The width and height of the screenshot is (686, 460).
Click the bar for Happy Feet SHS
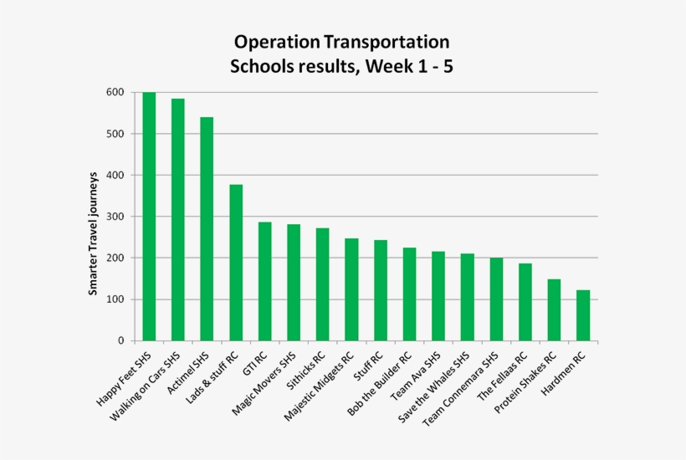pos(149,217)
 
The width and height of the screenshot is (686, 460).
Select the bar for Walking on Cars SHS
pos(177,220)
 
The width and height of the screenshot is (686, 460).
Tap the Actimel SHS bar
pos(207,229)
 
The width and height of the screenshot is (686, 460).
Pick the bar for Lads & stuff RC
pos(236,263)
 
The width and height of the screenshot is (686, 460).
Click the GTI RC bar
pos(264,282)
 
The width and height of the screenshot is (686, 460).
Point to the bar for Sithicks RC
pos(322,284)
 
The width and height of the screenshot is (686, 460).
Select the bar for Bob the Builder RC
pos(409,294)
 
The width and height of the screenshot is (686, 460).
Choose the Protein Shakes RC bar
pos(554,310)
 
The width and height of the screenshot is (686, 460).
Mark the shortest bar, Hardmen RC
pos(583,315)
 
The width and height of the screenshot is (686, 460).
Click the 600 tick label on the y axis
pos(115,92)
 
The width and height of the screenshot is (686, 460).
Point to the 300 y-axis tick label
pos(115,217)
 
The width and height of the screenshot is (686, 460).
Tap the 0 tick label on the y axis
pos(120,341)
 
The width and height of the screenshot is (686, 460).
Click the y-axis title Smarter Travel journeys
pos(93,233)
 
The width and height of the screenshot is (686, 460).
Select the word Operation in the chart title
pos(277,43)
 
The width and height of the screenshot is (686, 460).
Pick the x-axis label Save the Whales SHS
pos(433,387)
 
